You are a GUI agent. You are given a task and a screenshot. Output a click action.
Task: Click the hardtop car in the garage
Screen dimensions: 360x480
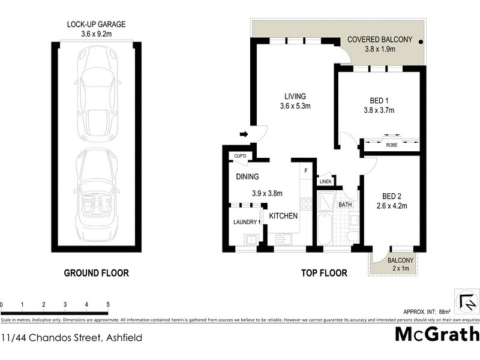coord(95,88)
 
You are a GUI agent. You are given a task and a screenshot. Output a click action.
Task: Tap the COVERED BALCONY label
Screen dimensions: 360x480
coord(380,40)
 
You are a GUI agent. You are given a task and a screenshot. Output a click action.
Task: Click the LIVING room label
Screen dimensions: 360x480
coord(293,96)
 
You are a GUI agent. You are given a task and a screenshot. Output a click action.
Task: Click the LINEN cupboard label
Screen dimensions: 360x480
coord(326,181)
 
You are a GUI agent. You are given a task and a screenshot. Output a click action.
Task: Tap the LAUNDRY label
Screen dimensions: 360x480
coord(245,222)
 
